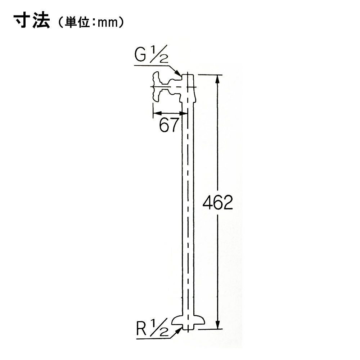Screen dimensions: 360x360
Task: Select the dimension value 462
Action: [x=218, y=202]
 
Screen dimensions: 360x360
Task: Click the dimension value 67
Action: [x=169, y=125]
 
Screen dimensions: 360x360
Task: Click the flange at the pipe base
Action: [x=188, y=320]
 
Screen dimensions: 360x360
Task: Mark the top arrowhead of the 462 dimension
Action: [x=218, y=80]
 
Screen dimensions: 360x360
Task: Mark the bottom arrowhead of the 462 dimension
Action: [x=218, y=324]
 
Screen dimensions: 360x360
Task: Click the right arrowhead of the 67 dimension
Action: [x=184, y=113]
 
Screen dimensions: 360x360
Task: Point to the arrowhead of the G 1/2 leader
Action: [x=178, y=73]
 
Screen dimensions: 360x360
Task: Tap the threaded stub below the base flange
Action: [x=188, y=327]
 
